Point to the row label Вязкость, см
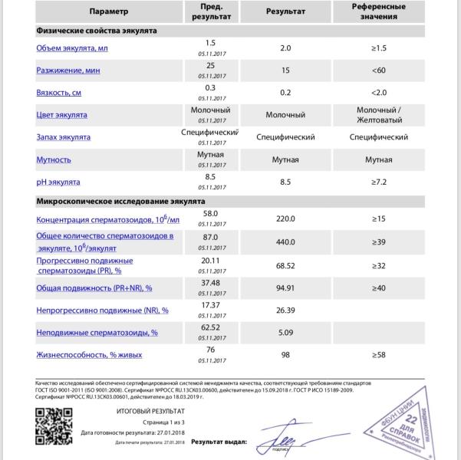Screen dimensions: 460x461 coord(58,93)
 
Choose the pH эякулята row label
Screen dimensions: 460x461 coord(58,182)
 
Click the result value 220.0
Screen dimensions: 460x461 coord(285,219)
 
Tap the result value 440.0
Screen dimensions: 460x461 coord(285,241)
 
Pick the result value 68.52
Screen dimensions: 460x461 coord(285,265)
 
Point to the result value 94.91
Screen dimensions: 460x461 coord(285,287)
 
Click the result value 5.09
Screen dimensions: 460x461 coord(285,333)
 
